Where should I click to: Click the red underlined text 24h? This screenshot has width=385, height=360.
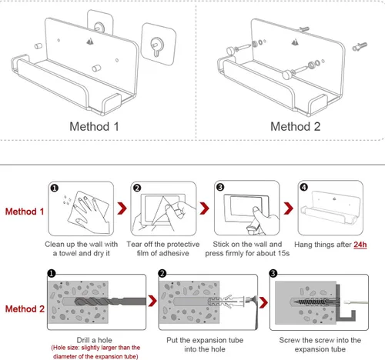360,245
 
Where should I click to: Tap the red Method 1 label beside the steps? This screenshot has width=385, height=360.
25,212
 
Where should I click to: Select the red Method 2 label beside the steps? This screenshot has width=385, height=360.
25,309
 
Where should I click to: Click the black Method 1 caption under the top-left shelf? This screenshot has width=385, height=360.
94,127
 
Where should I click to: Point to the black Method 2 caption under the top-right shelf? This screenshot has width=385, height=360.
296,127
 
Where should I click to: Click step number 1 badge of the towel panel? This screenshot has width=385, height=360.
55,188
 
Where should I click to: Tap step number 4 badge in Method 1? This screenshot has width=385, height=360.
304,187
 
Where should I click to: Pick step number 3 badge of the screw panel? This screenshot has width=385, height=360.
273,273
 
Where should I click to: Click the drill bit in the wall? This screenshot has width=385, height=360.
110,302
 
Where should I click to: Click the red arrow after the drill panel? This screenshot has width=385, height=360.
152,302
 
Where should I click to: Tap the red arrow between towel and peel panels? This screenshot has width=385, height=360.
122,208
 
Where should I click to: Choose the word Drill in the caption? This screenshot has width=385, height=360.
83,340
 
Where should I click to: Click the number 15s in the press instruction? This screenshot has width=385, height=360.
283,253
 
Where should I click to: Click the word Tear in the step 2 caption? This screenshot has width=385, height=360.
134,244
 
